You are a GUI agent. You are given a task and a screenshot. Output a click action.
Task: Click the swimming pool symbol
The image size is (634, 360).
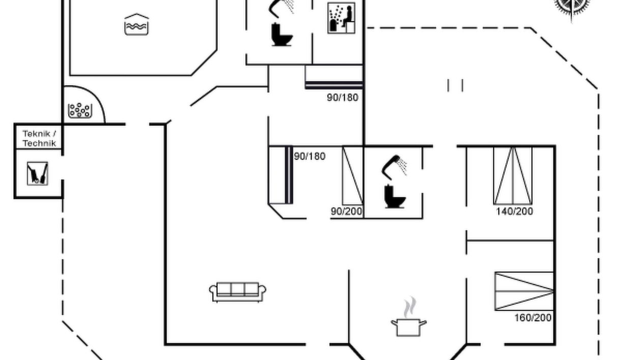pos(136,24)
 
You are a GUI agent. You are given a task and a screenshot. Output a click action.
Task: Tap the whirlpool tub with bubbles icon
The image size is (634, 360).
pos(80,110)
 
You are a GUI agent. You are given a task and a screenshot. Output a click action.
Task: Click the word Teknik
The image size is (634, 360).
pos(37,134)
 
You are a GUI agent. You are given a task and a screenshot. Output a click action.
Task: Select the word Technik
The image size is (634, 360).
pos(39,143)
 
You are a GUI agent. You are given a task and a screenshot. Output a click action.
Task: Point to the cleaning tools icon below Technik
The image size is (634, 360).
pos(37,173)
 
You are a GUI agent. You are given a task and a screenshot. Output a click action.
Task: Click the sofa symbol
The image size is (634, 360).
pos(238,292)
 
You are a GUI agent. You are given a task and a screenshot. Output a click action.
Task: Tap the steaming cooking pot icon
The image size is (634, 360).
pos(409,317)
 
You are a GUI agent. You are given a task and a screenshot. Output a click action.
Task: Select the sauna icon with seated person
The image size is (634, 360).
pos(341,18)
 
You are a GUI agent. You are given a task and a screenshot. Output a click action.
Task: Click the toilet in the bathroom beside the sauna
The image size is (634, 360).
pos(281,35)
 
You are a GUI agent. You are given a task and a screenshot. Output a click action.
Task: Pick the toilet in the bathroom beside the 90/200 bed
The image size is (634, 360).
pos(395,196)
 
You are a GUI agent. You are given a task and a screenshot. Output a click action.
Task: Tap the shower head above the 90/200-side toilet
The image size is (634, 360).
pos(394,167)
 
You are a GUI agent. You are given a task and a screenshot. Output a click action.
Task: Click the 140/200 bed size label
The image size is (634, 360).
pos(514,211)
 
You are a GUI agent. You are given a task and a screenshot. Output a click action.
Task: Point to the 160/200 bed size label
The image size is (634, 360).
pos(533,318)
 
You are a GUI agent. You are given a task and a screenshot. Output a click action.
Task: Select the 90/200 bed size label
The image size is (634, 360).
pos(347,211)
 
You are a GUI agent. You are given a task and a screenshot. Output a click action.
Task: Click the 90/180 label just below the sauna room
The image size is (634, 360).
pos(342,98)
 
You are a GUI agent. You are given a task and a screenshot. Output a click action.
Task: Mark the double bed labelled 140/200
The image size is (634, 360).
pos(513,175)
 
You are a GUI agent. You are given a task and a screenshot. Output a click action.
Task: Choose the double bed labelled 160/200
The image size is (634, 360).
pos(524,291)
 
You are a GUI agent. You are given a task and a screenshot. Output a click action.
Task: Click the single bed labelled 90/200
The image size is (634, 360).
pos(353,175)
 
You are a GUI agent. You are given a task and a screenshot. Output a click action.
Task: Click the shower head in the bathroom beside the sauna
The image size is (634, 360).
pos(281,8)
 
